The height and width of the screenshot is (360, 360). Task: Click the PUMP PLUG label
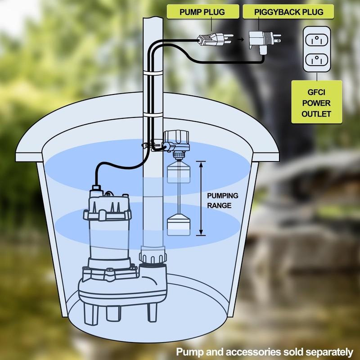202,12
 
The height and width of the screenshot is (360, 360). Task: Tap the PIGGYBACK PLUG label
288,12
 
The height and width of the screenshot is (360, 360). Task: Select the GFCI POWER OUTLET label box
317,102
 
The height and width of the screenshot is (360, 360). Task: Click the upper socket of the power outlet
317,40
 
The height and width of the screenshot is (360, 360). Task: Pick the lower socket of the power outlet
317,60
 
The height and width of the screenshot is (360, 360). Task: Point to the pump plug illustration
215,39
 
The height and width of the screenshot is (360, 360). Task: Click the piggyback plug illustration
264,42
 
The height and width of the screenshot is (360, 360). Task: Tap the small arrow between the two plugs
240,40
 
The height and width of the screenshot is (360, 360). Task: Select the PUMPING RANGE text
222,200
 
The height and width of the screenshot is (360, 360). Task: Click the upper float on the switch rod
178,172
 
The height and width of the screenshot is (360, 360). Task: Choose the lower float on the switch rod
178,225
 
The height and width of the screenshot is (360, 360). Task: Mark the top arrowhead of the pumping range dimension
201,164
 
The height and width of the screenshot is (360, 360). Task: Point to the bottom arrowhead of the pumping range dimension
201,232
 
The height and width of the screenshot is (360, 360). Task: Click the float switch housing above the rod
176,140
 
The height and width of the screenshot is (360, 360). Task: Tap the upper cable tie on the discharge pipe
153,73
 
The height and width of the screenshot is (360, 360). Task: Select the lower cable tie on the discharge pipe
153,114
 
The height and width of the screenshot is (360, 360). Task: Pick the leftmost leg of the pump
91,314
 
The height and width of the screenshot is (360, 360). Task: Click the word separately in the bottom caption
329,352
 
